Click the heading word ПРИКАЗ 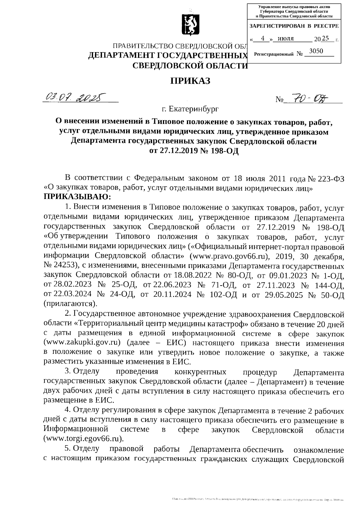[x=190, y=81]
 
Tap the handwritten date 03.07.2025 [x=75, y=97]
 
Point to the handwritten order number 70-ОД [x=306, y=98]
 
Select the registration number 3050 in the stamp [x=316, y=51]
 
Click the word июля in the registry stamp [x=286, y=38]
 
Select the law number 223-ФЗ [x=330, y=179]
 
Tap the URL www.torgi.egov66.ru [x=84, y=439]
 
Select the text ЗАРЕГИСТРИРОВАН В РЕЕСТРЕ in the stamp [x=294, y=26]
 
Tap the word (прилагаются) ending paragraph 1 [x=70, y=304]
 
